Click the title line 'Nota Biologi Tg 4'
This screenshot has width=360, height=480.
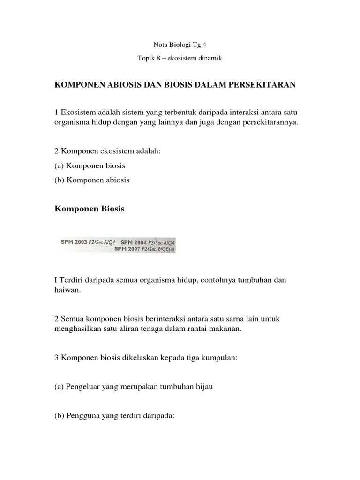point(180,45)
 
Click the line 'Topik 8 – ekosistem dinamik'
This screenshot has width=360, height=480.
point(180,59)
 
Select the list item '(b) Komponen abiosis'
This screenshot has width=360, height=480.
point(92,180)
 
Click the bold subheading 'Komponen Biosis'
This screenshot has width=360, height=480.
point(90,209)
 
